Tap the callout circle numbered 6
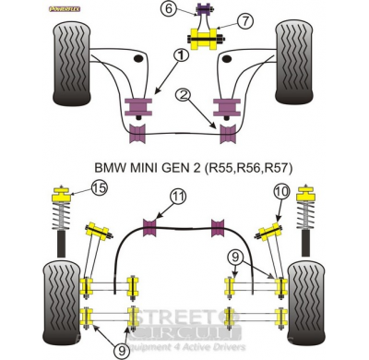[167, 10]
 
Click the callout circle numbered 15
[100, 190]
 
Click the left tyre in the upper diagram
[68, 66]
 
